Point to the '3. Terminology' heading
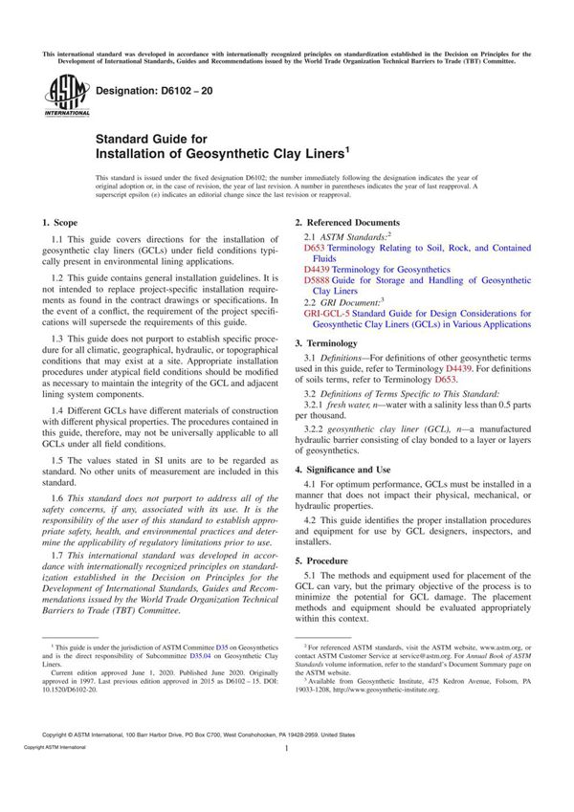pyautogui.click(x=326, y=342)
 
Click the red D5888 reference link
pyautogui.click(x=317, y=278)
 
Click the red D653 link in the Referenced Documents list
pyautogui.click(x=314, y=248)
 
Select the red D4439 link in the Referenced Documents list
pyautogui.click(x=317, y=269)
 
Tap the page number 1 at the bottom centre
pyautogui.click(x=287, y=776)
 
